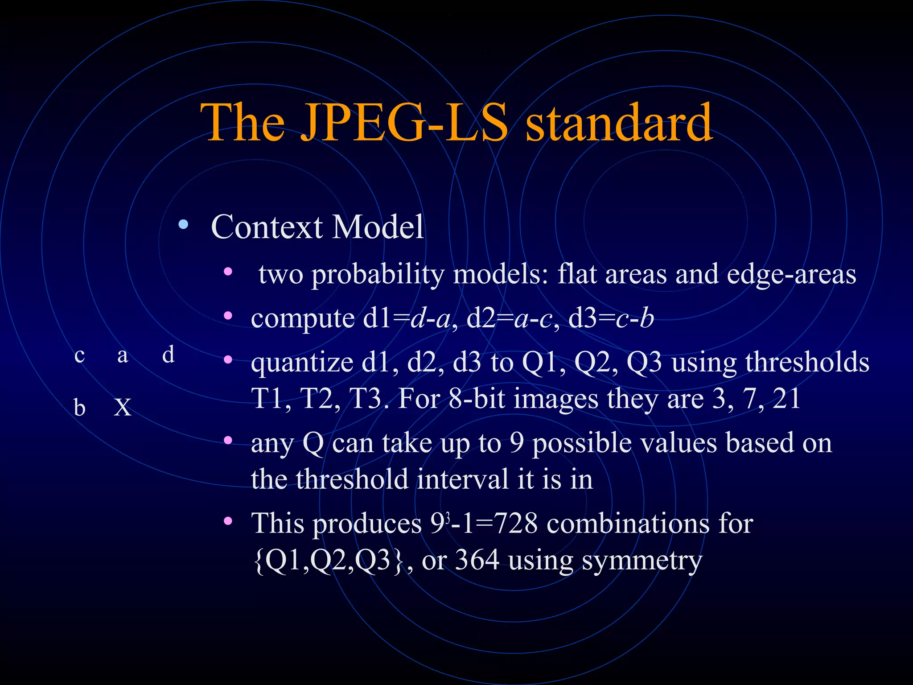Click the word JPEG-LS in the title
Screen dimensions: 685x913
point(403,123)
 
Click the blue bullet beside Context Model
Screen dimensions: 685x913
point(183,224)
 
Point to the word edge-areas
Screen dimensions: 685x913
point(791,274)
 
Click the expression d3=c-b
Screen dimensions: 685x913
point(611,318)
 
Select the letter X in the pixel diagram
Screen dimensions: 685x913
point(123,408)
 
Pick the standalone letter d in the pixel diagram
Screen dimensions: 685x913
point(168,355)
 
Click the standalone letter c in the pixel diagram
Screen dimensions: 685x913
point(80,356)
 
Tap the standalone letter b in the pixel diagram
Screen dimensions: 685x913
point(79,408)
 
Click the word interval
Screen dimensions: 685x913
point(463,479)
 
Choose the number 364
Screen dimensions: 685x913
point(477,560)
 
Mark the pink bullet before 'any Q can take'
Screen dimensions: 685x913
point(228,441)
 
